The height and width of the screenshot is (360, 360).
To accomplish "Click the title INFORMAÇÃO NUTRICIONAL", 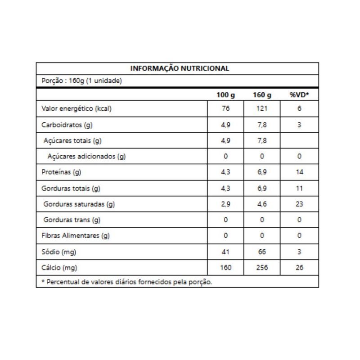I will click(x=180, y=68).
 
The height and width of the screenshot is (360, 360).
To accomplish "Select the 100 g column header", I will click(x=225, y=95).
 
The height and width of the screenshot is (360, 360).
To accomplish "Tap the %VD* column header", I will click(x=299, y=95).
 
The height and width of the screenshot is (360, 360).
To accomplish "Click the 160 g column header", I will click(x=262, y=95).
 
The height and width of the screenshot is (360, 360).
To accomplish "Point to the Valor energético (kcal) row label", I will click(x=76, y=108).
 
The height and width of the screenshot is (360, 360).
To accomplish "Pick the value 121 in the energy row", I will click(x=262, y=108).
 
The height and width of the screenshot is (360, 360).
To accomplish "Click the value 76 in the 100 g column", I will click(x=225, y=108).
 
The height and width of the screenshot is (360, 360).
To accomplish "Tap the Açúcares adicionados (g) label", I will click(x=86, y=157).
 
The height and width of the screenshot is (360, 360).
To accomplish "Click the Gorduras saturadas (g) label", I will click(x=79, y=204).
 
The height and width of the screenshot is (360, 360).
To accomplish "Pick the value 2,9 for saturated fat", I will click(x=225, y=204).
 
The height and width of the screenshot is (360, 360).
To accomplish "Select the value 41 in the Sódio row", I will click(x=225, y=252).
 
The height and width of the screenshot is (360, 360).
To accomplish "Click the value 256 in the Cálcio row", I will click(x=262, y=268).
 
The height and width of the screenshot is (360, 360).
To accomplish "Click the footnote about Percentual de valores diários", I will click(x=126, y=282).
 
